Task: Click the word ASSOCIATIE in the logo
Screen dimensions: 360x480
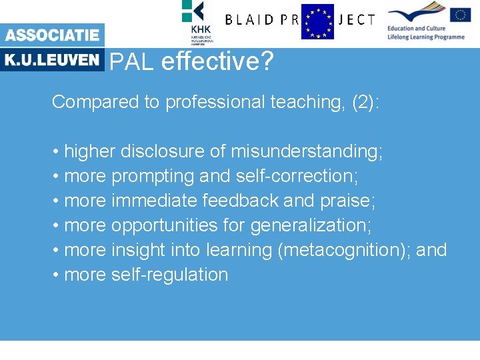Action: [52, 35]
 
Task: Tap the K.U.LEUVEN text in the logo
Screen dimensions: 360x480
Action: [52, 59]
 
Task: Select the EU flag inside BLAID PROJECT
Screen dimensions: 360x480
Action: [317, 21]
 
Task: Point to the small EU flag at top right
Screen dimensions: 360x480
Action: [460, 15]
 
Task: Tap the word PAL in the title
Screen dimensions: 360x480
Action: [132, 62]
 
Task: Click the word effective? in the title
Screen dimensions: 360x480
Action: [217, 62]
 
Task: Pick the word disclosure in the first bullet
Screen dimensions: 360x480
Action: [163, 151]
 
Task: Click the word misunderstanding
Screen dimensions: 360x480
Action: [307, 151]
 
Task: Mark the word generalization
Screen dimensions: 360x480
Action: [311, 225]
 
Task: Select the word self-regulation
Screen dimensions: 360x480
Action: [170, 275]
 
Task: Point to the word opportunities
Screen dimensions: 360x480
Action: [164, 225]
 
